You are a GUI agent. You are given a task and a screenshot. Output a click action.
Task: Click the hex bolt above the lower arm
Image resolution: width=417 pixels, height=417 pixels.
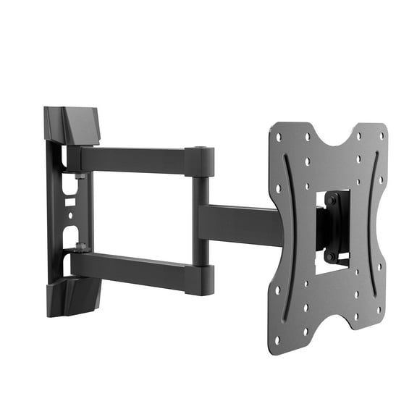tap(80, 245)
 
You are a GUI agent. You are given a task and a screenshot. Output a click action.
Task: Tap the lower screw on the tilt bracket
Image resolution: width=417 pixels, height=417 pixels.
tap(331, 256)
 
